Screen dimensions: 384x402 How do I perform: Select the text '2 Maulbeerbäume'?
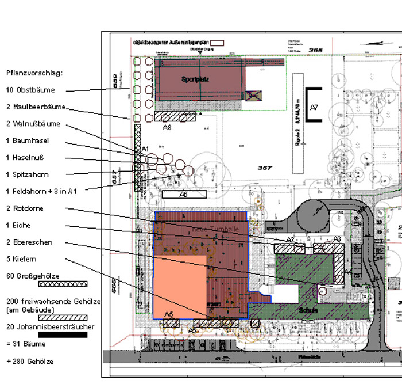coord(36,107)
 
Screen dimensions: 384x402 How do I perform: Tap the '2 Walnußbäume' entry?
coord(33,124)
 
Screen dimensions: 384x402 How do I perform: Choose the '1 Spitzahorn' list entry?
coord(27,174)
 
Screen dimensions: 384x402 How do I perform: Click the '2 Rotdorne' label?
coord(25,208)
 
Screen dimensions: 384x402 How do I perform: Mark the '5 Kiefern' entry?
coord(21,259)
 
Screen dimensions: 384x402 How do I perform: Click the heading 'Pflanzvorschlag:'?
coord(34,73)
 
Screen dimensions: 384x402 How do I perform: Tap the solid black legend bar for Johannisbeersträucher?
coord(62,334)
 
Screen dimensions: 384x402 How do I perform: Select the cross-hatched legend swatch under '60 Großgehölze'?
coord(62,284)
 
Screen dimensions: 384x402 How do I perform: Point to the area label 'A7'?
coord(314,107)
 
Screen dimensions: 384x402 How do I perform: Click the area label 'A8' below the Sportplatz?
coord(167,127)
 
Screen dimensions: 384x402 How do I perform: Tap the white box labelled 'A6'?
coord(184,195)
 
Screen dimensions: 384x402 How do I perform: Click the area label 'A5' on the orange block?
coord(169,313)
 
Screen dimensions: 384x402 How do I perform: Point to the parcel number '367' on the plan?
coord(265,168)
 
